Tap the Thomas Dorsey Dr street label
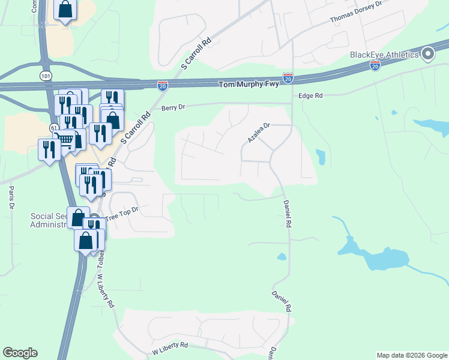point(356,12)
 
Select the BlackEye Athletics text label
point(384,55)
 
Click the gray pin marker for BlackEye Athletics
point(427,55)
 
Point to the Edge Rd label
point(310,95)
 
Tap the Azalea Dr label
point(260,133)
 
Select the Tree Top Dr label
point(122,213)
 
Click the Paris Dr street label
point(11,197)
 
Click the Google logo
point(20,353)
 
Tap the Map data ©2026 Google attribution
point(411,355)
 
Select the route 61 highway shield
point(55,128)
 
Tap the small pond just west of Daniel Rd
point(281,257)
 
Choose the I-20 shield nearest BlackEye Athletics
point(375,64)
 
